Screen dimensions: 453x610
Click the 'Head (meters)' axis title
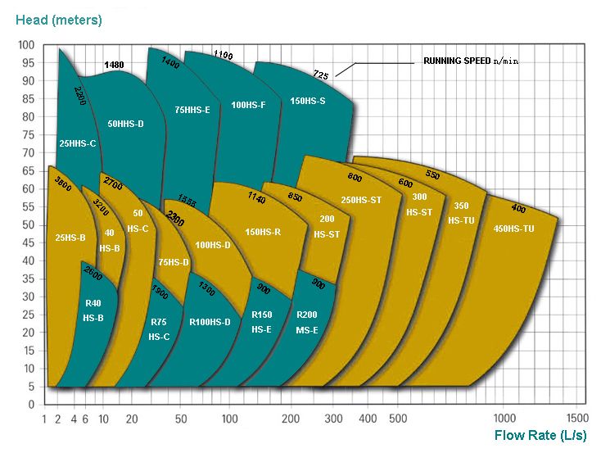click(60, 17)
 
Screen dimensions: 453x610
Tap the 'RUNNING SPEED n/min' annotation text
click(470, 61)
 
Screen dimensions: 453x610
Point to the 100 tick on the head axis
click(26, 45)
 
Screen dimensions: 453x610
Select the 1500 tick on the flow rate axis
click(577, 418)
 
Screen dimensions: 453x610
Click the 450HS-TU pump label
click(514, 229)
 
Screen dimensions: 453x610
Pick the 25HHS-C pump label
click(78, 143)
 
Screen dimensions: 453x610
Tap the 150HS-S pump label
click(308, 102)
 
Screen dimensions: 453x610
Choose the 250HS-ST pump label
click(362, 200)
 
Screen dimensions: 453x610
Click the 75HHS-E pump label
click(192, 109)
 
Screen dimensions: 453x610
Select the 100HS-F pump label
click(248, 105)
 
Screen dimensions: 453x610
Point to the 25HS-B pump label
click(70, 238)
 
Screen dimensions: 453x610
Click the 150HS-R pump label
click(263, 233)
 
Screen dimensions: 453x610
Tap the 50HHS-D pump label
click(125, 124)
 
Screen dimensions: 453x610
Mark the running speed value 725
click(321, 75)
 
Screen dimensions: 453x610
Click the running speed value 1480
click(115, 64)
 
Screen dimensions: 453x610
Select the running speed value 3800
click(62, 185)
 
